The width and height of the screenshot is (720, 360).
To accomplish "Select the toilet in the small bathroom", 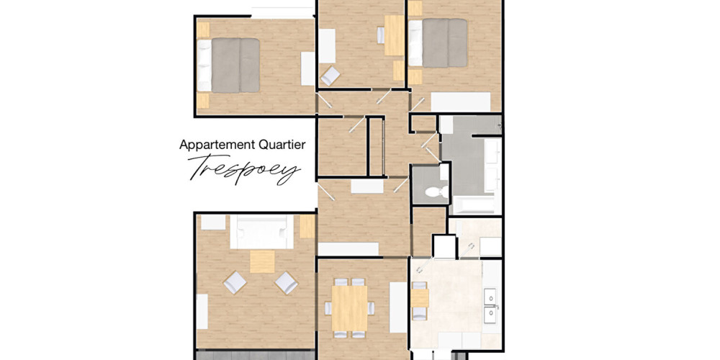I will click(435, 192).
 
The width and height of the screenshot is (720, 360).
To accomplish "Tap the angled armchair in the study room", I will click(330, 75).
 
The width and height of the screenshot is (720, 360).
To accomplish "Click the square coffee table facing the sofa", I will click(262, 261).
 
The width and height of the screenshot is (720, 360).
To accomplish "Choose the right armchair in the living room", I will click(286, 282).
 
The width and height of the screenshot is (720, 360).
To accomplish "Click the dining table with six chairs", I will click(349, 308).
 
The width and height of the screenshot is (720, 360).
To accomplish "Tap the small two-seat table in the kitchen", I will click(420, 297).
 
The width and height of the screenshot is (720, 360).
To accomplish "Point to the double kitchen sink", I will click(492, 304).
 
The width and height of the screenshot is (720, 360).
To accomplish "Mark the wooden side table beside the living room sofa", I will click(307, 228).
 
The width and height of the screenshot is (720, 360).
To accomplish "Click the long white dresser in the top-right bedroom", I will click(461, 102).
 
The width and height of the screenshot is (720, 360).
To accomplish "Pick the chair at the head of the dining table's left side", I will click(329, 308).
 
